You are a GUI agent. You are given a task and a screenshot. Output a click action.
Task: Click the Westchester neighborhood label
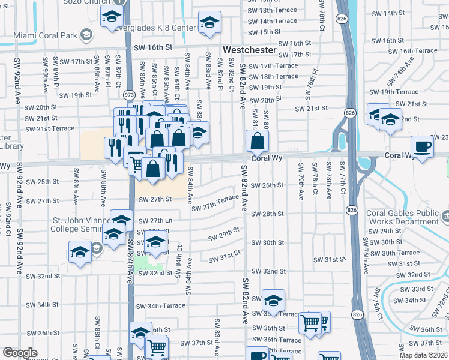coord(249,50)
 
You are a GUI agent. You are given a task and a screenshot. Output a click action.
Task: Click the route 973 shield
coord(128,94)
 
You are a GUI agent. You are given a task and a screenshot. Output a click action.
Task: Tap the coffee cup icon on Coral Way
coord(422,146)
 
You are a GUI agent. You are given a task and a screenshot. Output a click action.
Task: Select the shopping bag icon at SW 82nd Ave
coord(257,142)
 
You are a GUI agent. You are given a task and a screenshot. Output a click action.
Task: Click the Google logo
coord(20,353)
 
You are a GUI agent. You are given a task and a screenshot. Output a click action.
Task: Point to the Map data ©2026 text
coord(423,355)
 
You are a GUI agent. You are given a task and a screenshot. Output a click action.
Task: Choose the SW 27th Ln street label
coord(155,221)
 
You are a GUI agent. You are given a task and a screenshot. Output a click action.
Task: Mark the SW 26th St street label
coord(267,185)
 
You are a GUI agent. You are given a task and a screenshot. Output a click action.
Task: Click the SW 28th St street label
coord(267,214)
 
